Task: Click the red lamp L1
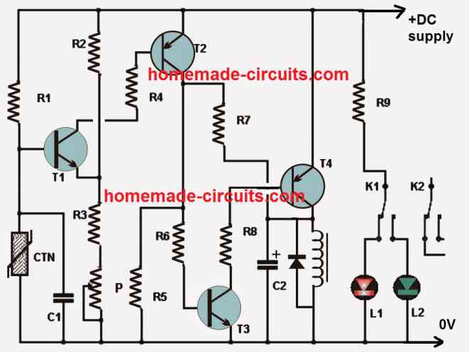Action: pos(365,288)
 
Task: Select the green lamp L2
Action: pos(407,288)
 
